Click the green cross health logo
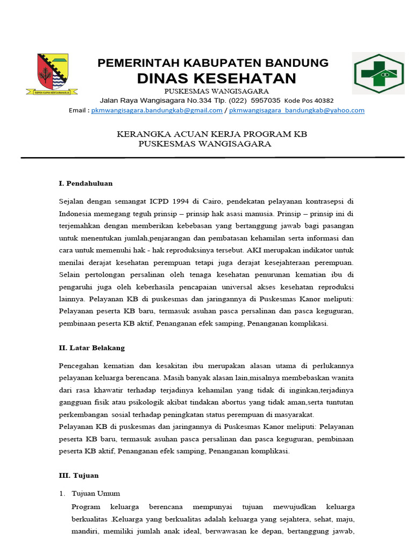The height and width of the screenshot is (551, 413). click(378, 74)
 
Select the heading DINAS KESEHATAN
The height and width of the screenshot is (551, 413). click(216, 79)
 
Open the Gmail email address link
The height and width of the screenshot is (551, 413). click(156, 110)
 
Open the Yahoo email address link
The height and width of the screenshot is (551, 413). click(297, 110)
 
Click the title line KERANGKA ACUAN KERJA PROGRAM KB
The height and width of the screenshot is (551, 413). click(212, 134)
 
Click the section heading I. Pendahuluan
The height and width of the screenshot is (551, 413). click(86, 183)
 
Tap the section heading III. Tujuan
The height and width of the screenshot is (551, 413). click(79, 476)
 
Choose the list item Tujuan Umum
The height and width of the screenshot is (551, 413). click(96, 493)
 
